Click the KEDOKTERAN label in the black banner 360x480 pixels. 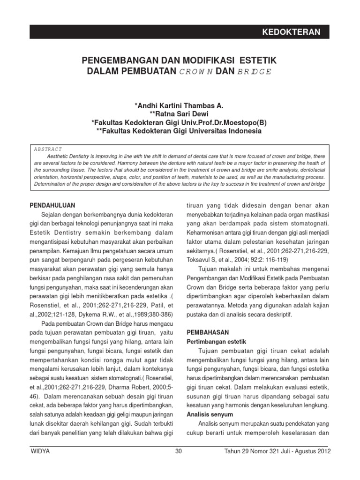tap(291, 32)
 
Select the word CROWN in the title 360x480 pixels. tap(196, 72)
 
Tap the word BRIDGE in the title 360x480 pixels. tap(254, 72)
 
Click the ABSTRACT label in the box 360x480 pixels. tap(48, 149)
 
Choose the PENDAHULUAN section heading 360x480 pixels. tap(56, 205)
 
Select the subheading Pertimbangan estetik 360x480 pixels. tap(216, 341)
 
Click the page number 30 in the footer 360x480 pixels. tap(178, 451)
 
